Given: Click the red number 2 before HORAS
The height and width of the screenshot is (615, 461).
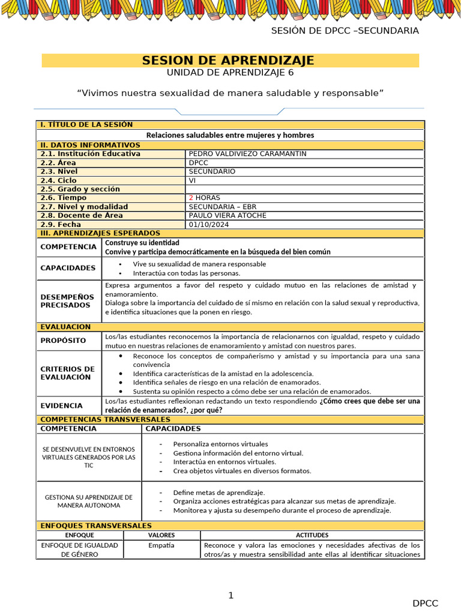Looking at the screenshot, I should pos(191,198).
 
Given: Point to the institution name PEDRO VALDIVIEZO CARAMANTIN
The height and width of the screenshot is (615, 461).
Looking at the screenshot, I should pos(247,154).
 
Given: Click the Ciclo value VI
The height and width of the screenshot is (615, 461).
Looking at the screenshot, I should pos(193,180).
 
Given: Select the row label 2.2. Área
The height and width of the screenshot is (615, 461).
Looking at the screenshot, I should pos(59,163).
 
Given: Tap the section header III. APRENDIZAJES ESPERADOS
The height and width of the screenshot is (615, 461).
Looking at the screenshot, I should pos(100,233).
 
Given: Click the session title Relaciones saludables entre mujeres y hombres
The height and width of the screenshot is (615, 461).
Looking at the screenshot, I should pos(230,135).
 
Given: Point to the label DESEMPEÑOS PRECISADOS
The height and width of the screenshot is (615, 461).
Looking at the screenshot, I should pos(67,301).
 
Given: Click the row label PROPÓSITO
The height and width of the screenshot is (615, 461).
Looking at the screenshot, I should pos(63,341).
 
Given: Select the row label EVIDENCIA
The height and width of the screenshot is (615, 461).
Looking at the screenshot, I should pos(61,405).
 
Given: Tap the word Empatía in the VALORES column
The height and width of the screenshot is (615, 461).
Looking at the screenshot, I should pos(161,545).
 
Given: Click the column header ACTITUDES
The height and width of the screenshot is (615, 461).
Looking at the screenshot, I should pos(312,535).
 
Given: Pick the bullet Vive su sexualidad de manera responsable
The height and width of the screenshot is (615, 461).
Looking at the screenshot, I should pos(199,264).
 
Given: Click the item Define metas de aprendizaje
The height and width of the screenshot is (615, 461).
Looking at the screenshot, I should pos(218,492).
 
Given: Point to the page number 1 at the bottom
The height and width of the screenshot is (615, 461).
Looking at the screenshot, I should pos(230,596).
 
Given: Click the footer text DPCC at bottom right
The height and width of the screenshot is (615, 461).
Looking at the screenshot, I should pos(425,604).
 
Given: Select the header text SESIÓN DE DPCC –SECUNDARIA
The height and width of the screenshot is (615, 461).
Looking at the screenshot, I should pos(345,31).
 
